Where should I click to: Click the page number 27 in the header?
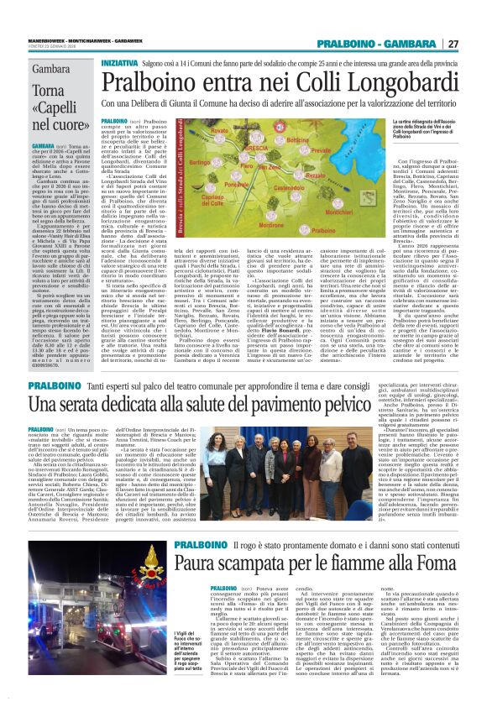474,44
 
